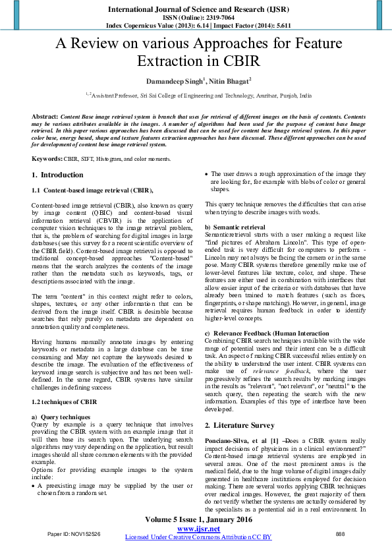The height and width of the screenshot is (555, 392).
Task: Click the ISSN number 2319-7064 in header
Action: pyautogui.click(x=217, y=18)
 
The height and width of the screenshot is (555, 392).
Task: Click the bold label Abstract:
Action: pyautogui.click(x=45, y=116)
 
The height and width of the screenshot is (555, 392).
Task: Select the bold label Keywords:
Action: pyautogui.click(x=47, y=160)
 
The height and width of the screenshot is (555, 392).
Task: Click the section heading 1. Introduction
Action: pyautogui.click(x=57, y=175)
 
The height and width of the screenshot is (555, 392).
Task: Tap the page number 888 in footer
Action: pyautogui.click(x=340, y=533)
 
